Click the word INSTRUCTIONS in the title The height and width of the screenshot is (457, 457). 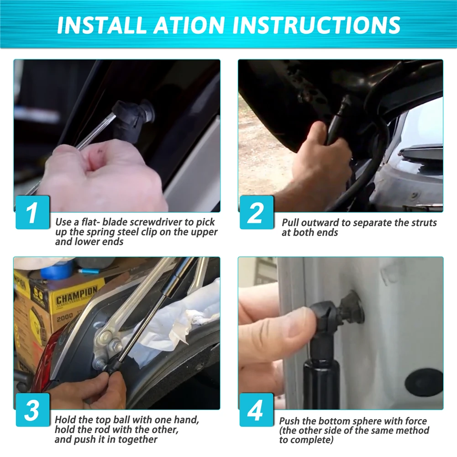[x=317, y=25]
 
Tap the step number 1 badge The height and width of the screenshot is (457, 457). [x=32, y=212]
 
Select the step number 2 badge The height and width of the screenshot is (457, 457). [x=256, y=212]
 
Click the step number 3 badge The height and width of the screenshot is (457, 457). [x=32, y=410]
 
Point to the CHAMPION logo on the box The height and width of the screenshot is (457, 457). [x=76, y=295]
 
